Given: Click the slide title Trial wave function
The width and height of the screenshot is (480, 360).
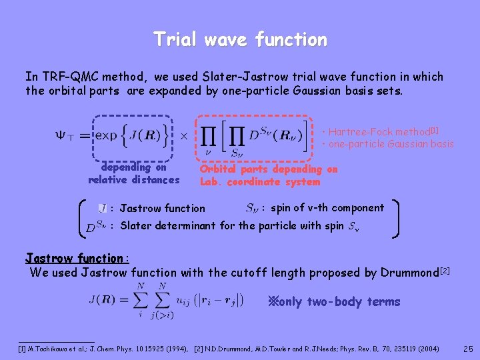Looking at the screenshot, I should click(240, 40).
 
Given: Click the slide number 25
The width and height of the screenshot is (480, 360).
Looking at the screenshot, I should click(468, 348).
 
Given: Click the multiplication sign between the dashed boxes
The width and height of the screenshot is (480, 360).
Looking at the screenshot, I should click(184, 136).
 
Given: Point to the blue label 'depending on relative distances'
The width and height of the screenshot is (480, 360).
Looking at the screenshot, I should click(133, 173).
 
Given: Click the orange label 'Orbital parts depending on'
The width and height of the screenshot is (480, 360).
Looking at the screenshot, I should click(269, 170).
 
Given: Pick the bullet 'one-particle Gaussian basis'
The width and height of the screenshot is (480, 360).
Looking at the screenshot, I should click(388, 144).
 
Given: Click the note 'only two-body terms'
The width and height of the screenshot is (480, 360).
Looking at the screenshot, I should click(333, 302).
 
